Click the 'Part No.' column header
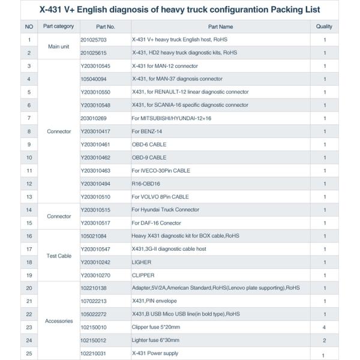point(105,27)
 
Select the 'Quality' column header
point(324,27)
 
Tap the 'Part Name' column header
point(220,27)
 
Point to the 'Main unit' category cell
point(58,46)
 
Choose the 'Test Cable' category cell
point(59,256)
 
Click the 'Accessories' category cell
point(59,321)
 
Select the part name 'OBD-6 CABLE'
point(149,145)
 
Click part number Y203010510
point(95,197)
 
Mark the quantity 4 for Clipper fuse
point(324,328)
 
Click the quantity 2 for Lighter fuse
point(324,340)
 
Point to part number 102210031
point(93,353)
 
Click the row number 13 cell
point(29,197)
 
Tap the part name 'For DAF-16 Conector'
point(157,223)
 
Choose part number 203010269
point(93,118)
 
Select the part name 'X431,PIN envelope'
point(154,301)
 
